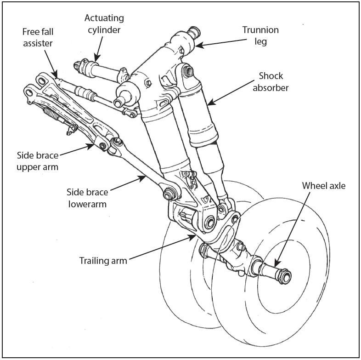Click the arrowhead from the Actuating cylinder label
[x=96, y=60]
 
